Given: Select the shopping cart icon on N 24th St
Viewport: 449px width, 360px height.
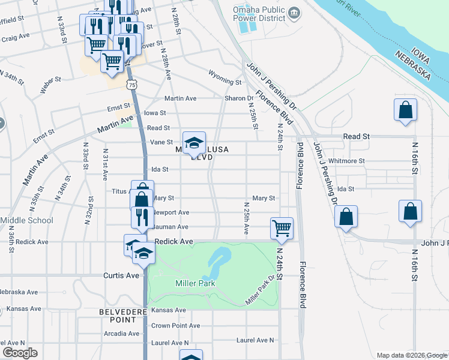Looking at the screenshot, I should pyautogui.click(x=282, y=228).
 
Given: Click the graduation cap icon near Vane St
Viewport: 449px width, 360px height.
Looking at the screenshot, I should pyautogui.click(x=194, y=143).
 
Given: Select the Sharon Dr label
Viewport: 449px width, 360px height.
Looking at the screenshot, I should pyautogui.click(x=239, y=98).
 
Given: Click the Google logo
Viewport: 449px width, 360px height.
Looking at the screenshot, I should pyautogui.click(x=20, y=353).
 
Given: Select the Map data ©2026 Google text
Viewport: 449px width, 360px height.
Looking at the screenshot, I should pyautogui.click(x=411, y=355).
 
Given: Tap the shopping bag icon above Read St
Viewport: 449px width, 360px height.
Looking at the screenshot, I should pyautogui.click(x=405, y=110).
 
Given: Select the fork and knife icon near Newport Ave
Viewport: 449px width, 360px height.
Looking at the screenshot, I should pyautogui.click(x=142, y=217).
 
